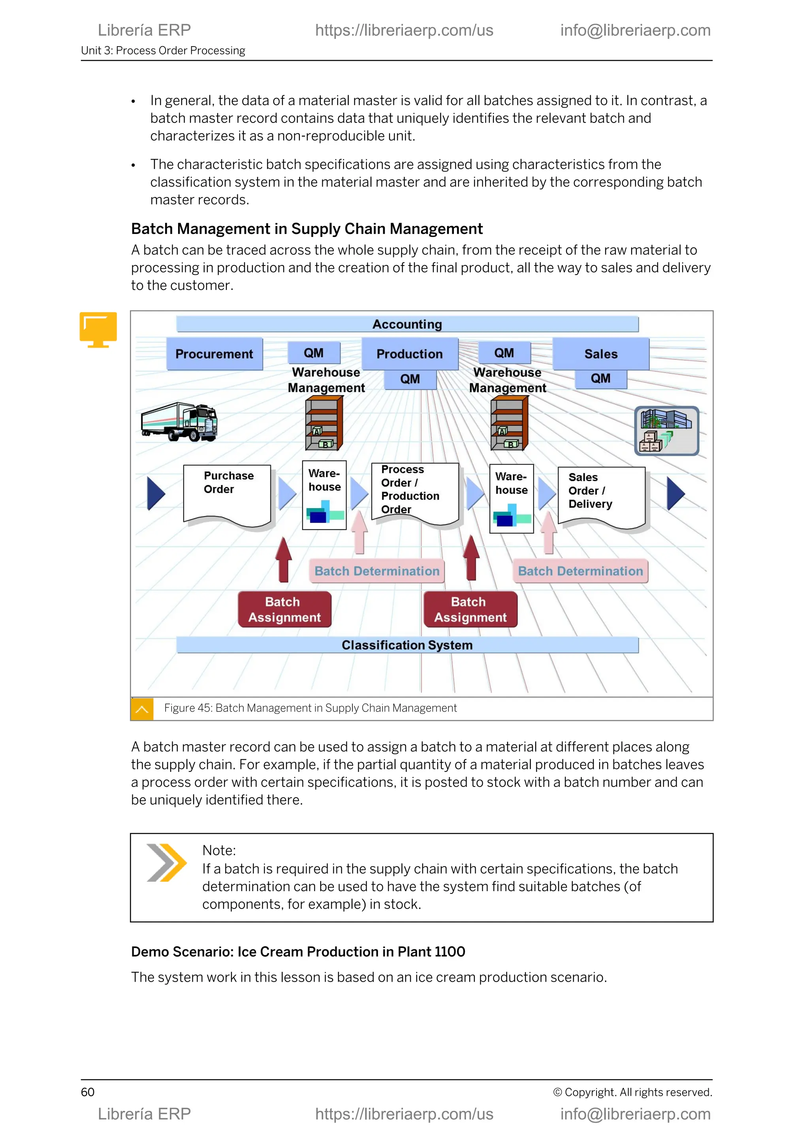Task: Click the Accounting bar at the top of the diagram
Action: pyautogui.click(x=407, y=324)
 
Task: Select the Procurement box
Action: pyautogui.click(x=214, y=354)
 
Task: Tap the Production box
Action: pyautogui.click(x=410, y=354)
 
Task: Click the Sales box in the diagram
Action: pyautogui.click(x=600, y=354)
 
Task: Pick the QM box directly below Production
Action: pyautogui.click(x=410, y=379)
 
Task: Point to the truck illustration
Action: pyautogui.click(x=179, y=421)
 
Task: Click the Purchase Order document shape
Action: pyautogui.click(x=227, y=493)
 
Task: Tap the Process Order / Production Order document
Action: pyautogui.click(x=414, y=491)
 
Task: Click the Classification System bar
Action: pyautogui.click(x=407, y=645)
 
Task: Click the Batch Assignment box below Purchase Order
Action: pyautogui.click(x=284, y=610)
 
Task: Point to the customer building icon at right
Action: pyautogui.click(x=666, y=431)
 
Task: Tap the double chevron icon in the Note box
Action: pyautogui.click(x=166, y=863)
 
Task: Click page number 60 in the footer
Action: pyautogui.click(x=88, y=1092)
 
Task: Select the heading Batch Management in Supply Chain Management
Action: pyautogui.click(x=307, y=229)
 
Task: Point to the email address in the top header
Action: pyautogui.click(x=635, y=30)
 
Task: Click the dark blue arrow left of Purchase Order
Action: pyautogui.click(x=155, y=493)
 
